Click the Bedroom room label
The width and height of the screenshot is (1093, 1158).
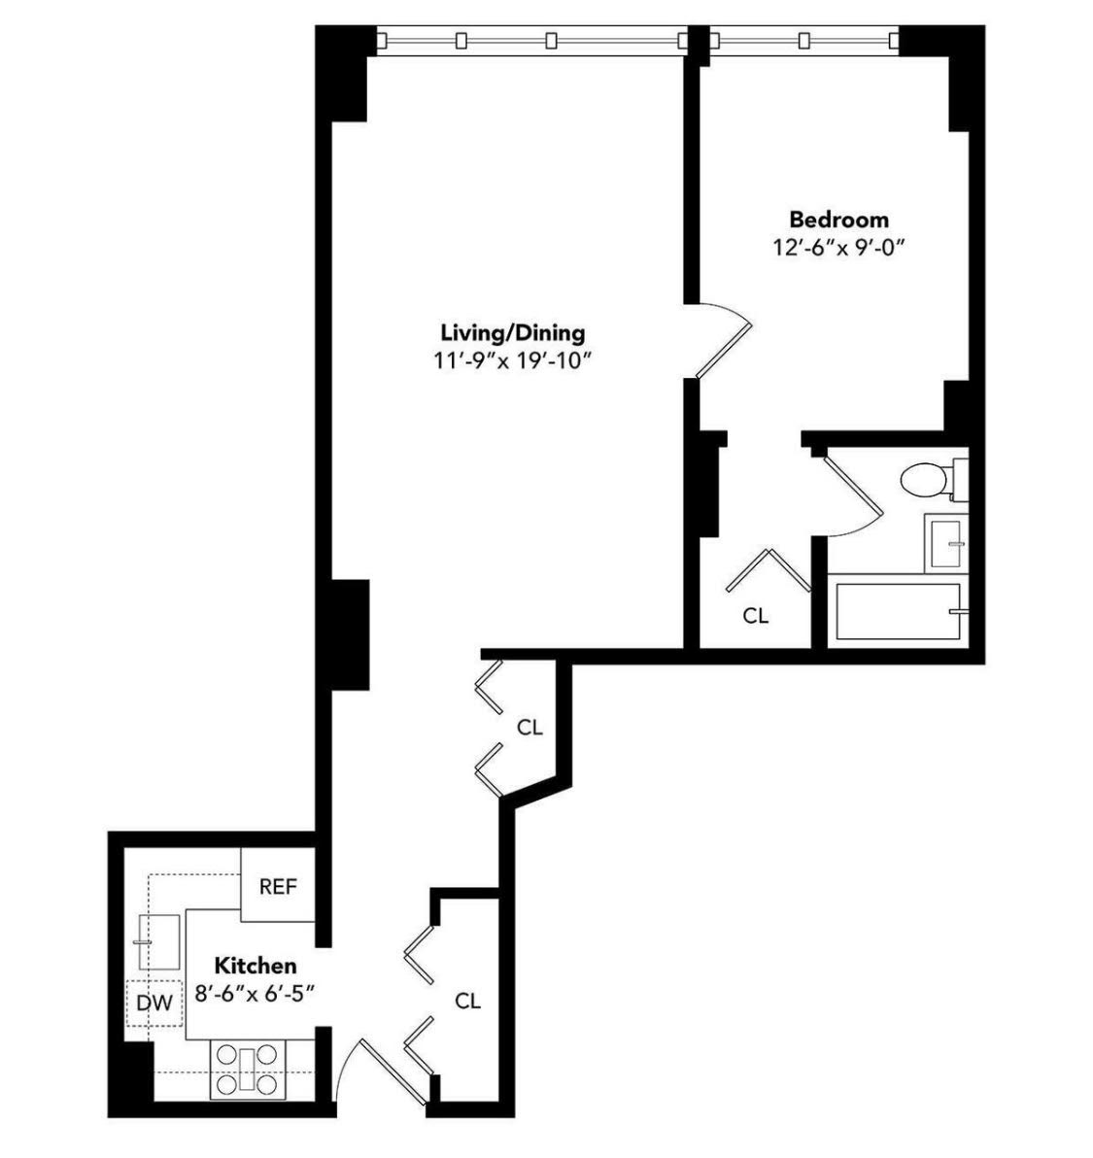[x=837, y=219]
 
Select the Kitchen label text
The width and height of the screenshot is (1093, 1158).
[x=256, y=966]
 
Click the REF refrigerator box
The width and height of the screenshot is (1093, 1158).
[x=278, y=887]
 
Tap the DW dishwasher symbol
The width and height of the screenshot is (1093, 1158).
[x=154, y=1004]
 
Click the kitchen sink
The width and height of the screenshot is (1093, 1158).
[x=159, y=941]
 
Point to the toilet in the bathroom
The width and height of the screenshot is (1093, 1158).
[x=928, y=479]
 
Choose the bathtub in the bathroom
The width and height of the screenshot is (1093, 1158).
[x=898, y=611]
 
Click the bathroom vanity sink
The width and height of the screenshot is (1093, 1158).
[x=944, y=542]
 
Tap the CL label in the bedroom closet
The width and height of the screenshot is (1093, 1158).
[x=756, y=616]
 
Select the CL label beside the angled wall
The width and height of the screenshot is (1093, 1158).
[x=529, y=727]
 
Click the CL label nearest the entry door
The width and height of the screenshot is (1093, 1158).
[x=468, y=1001]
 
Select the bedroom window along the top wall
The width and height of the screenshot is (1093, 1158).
[x=803, y=41]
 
